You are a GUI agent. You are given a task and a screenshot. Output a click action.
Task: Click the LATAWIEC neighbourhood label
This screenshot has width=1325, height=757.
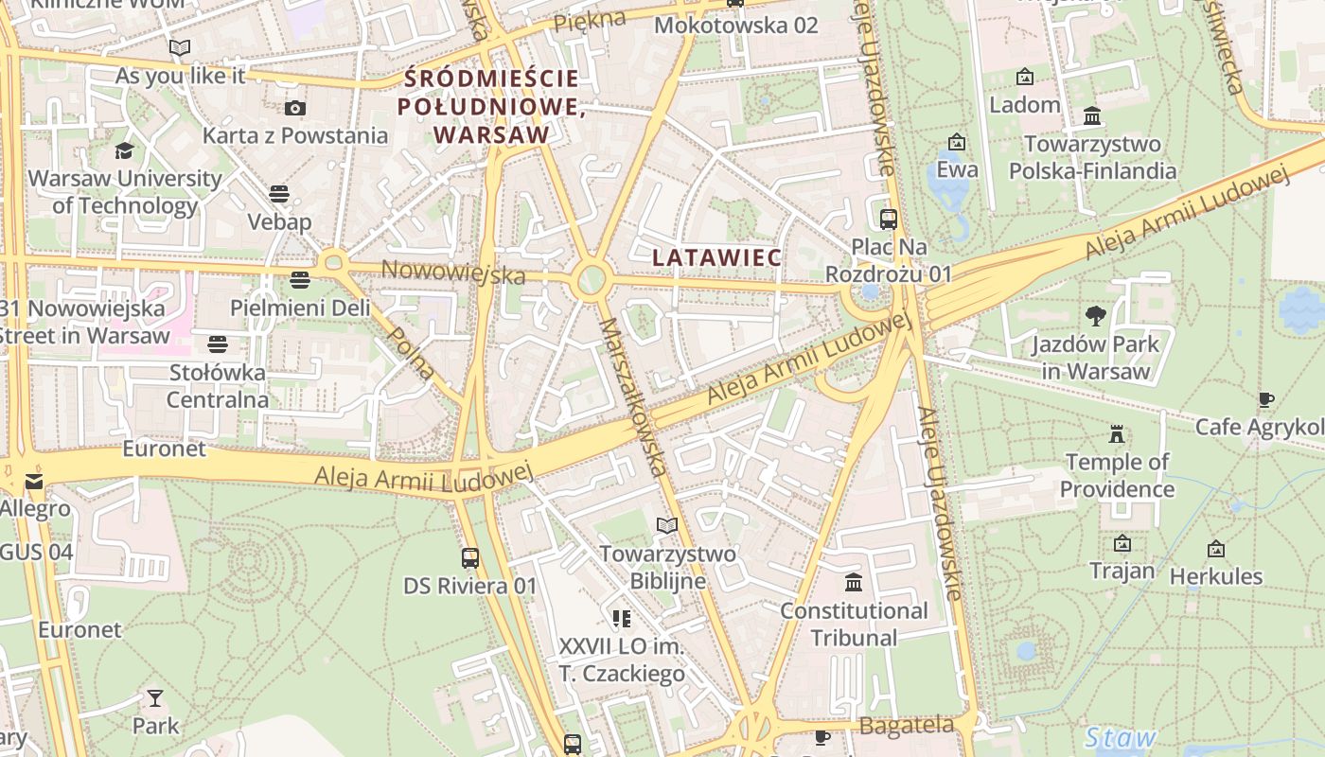pyautogui.click(x=716, y=257)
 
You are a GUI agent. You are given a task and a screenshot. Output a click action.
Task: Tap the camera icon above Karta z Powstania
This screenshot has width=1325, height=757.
pyautogui.click(x=295, y=108)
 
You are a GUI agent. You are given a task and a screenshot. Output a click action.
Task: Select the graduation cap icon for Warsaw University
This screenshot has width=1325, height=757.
pyautogui.click(x=124, y=151)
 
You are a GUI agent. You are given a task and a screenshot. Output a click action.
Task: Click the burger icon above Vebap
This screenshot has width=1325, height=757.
pyautogui.click(x=278, y=194)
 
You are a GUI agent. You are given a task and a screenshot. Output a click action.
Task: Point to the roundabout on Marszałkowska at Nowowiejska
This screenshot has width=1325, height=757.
pyautogui.click(x=591, y=280)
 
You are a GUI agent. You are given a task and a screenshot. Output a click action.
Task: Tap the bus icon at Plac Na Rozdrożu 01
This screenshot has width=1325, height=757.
pyautogui.click(x=888, y=220)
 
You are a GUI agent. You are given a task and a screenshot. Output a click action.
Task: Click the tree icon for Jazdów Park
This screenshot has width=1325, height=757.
pyautogui.click(x=1096, y=316)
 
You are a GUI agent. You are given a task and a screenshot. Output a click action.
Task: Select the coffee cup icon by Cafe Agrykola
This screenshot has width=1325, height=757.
pyautogui.click(x=1265, y=400)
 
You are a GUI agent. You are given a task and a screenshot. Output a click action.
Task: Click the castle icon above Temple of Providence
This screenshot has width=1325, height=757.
pyautogui.click(x=1117, y=434)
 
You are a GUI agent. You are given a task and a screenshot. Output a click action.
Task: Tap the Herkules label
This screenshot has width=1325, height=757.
pyautogui.click(x=1215, y=575)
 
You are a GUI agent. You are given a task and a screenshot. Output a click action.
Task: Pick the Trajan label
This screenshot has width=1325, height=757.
pyautogui.click(x=1122, y=571)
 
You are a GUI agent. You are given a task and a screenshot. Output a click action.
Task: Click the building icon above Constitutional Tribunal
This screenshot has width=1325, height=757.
pyautogui.click(x=854, y=582)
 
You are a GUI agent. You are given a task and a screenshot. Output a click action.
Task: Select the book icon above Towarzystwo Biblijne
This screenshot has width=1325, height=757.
pyautogui.click(x=667, y=525)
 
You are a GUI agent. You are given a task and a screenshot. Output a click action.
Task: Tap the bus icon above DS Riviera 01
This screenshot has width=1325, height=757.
pyautogui.click(x=470, y=558)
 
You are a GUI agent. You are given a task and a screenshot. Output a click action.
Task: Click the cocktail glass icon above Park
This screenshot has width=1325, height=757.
pyautogui.click(x=155, y=698)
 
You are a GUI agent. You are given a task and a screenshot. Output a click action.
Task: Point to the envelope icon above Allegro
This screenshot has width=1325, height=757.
pyautogui.click(x=34, y=482)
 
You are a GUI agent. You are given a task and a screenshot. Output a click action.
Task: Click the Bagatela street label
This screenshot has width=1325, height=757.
pyautogui.click(x=907, y=726)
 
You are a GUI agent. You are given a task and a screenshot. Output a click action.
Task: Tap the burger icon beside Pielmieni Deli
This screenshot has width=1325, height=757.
pyautogui.click(x=300, y=280)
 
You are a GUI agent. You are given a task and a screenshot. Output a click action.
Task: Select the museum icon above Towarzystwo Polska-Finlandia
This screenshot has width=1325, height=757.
pyautogui.click(x=1092, y=116)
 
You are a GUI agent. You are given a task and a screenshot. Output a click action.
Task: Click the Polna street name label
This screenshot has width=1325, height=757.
pyautogui.click(x=413, y=353)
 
